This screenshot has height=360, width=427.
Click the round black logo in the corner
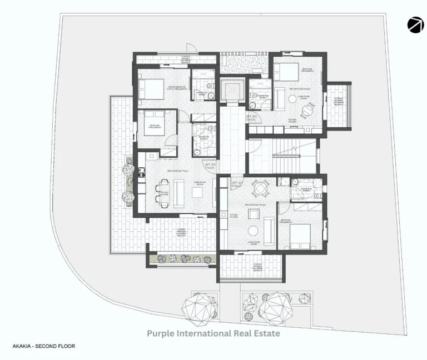tap(415, 26)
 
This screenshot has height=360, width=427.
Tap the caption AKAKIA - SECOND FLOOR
tap(43, 346)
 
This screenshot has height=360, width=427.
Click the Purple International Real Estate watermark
tap(213, 333)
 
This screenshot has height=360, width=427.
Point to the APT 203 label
tap(251, 117)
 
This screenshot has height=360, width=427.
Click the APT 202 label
tap(211, 166)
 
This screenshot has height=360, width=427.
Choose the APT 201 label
tap(236, 184)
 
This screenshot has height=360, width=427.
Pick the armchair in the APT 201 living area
tap(254, 214)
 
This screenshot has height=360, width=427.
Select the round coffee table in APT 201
tap(253, 231)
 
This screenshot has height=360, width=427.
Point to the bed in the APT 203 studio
tap(286, 72)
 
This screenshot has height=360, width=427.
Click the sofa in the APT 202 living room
tap(179, 192)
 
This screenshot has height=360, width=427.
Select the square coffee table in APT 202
tap(197, 192)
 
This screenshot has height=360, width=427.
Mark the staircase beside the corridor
tap(282, 156)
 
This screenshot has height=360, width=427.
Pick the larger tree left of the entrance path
tap(198, 307)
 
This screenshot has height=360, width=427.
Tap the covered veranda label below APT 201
tap(257, 266)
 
